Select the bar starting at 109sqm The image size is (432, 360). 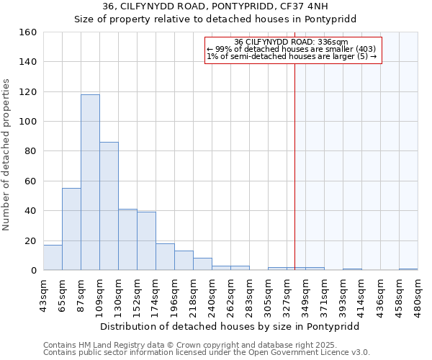pos(109,206)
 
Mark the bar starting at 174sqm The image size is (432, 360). pos(165,256)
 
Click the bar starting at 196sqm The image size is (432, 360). pos(184,260)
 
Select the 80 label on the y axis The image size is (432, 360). pos(31,151)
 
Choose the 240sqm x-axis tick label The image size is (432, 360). pos(212,295)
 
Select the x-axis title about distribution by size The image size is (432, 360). pos(230,326)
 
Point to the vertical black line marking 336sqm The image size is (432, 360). pos(294,166)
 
